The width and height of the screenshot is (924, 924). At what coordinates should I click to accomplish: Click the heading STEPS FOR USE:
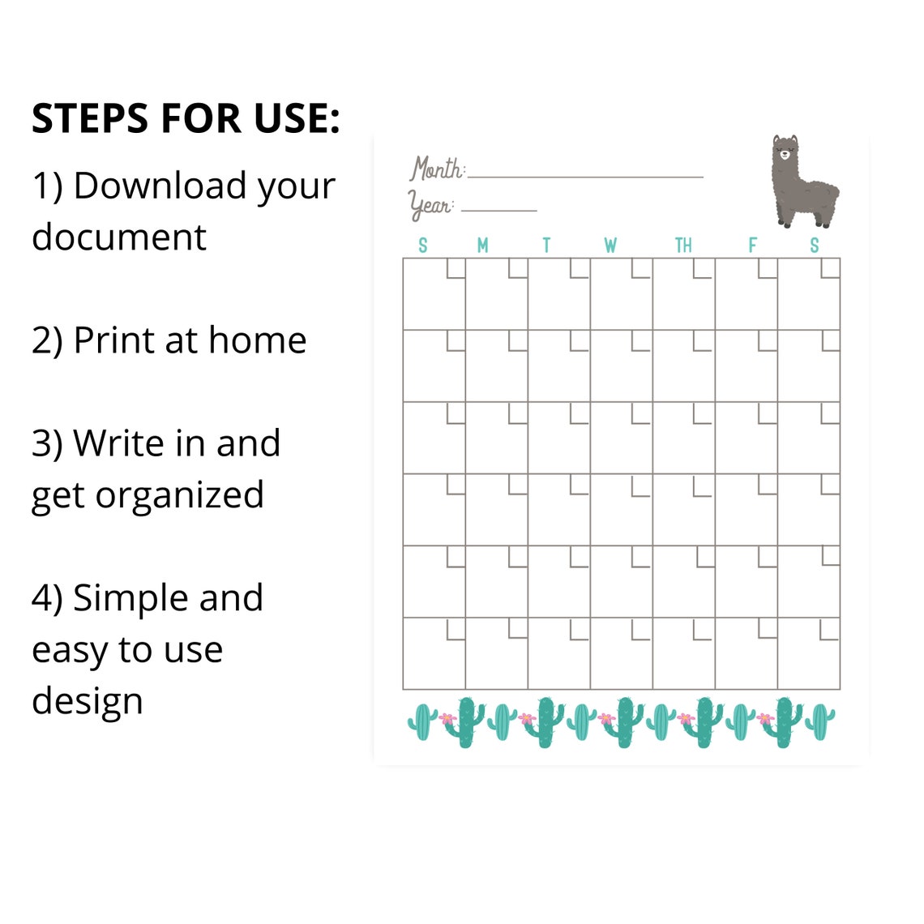186,118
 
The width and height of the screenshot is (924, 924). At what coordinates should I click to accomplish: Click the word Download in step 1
160,186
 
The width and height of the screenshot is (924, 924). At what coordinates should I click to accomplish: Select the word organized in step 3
179,496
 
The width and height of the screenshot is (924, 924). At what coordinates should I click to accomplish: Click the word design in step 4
87,701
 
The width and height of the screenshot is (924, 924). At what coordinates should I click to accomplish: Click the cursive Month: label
437,169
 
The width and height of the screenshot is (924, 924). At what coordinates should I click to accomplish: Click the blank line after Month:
585,176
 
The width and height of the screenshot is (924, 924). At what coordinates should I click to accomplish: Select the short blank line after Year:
498,210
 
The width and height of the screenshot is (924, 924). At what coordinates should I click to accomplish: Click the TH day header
683,246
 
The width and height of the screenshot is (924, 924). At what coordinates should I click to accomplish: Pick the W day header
610,246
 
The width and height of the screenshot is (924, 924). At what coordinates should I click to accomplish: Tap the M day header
483,246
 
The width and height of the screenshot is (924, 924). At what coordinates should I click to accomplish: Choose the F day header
752,246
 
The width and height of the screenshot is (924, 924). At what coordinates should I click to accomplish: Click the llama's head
784,152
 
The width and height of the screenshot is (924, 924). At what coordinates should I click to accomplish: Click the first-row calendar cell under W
621,294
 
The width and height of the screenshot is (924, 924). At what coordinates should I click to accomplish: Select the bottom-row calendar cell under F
746,653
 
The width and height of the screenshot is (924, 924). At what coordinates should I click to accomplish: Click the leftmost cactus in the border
422,721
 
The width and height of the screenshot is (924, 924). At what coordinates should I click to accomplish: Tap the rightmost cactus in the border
820,721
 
